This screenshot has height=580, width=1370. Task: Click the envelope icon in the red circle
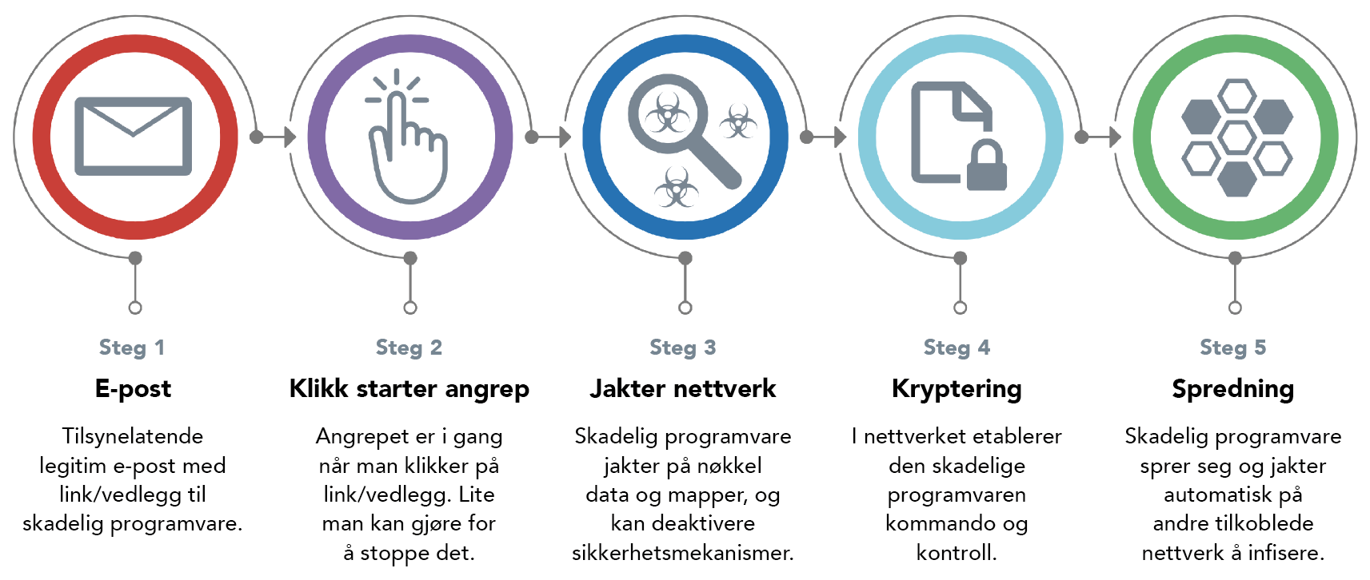(133, 137)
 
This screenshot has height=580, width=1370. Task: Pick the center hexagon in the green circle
(1237, 137)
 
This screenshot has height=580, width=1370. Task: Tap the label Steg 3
(682, 348)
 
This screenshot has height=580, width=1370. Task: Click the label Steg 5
(1233, 348)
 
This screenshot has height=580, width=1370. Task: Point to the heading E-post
(134, 389)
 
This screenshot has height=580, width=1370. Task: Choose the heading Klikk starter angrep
(409, 389)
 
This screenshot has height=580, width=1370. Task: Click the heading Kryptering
(957, 389)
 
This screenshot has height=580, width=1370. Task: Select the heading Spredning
(1233, 389)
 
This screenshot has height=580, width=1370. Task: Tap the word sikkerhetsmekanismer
(682, 553)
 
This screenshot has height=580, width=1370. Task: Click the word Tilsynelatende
(132, 436)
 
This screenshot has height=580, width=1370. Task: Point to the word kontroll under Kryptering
(957, 553)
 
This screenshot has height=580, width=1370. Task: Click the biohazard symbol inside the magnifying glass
(667, 113)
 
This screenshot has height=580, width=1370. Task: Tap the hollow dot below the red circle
(135, 308)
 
